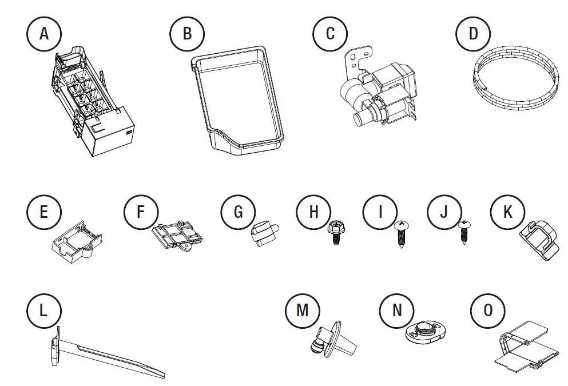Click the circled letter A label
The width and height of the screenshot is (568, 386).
tap(44, 33)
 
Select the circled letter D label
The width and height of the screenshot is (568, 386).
tap(473, 33)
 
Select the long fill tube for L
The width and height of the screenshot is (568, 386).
tap(109, 357)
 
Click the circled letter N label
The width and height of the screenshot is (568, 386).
tap(397, 310)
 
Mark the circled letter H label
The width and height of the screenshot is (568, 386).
tap(313, 212)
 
